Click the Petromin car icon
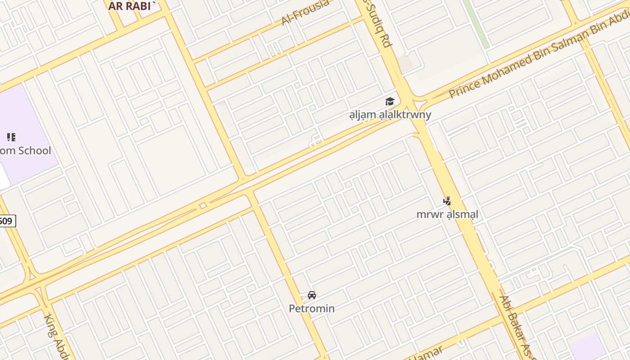(x=311, y=295)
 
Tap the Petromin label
(x=311, y=309)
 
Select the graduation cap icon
(x=390, y=102)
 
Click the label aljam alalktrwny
(x=390, y=115)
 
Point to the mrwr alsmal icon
(x=447, y=201)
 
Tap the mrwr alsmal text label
(x=447, y=214)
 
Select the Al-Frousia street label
(x=305, y=12)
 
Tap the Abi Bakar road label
(x=517, y=326)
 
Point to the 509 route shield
(x=6, y=221)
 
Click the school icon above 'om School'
(x=11, y=137)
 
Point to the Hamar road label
(x=425, y=353)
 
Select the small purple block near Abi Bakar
(x=587, y=347)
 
